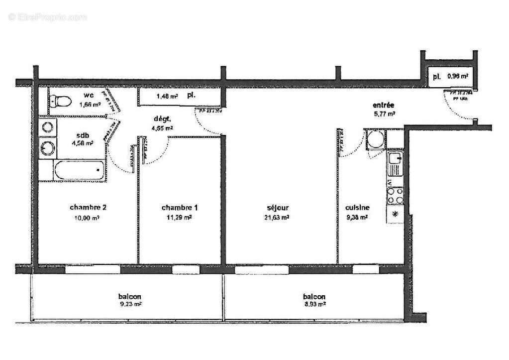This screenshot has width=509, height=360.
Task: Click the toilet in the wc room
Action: pos(60,102)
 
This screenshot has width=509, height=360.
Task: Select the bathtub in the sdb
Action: pos(80,172)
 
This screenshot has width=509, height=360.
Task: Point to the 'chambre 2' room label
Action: pos(88,207)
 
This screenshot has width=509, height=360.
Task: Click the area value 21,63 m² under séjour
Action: pos(277,217)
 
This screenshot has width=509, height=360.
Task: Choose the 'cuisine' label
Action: pos(357,208)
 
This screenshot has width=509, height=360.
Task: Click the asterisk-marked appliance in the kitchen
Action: pos(395,215)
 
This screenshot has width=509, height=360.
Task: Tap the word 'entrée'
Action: pos(384,105)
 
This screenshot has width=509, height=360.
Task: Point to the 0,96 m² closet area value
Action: pos(457,76)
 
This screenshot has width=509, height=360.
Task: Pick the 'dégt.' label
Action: pos(162,119)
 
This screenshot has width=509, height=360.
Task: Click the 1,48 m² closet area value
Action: pos(167,97)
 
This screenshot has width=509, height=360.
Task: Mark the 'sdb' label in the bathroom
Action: pos(83,135)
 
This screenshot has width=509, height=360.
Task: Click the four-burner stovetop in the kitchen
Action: pos(395,195)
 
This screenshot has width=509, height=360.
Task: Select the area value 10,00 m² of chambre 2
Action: pos(88,217)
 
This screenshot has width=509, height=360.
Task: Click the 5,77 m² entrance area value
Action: pos(384,114)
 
